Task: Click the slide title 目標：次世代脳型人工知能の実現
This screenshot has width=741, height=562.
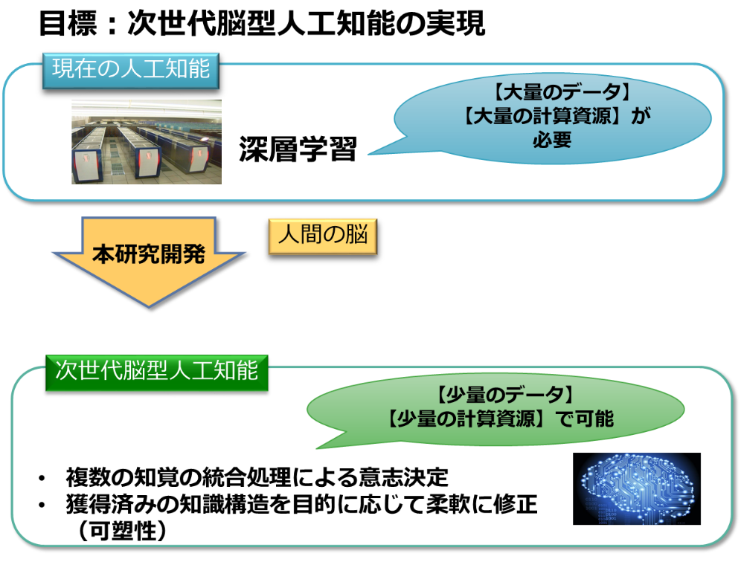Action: tap(262, 23)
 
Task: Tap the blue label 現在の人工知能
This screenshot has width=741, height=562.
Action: tap(131, 71)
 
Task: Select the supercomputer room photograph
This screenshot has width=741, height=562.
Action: tap(147, 142)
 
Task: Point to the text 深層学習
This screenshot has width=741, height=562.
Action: tap(298, 149)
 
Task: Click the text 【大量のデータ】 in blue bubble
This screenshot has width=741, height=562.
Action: tap(562, 92)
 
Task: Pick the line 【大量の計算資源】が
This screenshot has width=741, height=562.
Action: tap(556, 116)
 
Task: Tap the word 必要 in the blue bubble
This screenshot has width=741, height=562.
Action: tap(552, 139)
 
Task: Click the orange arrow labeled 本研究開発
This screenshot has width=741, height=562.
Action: tap(149, 262)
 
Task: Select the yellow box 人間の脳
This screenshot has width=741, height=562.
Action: tap(323, 236)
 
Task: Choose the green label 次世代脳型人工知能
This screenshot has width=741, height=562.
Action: tap(156, 372)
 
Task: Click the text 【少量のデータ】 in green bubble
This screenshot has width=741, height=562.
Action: tap(503, 395)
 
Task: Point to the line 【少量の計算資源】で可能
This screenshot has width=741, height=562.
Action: tap(500, 419)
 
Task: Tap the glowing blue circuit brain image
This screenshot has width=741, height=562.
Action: tap(637, 489)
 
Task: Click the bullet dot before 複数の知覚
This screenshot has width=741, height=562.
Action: tap(42, 479)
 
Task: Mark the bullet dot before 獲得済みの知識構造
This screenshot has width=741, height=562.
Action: tap(42, 505)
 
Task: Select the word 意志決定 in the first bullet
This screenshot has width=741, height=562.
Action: tap(403, 477)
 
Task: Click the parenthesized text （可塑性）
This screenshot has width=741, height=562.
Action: tap(122, 530)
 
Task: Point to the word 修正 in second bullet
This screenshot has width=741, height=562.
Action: tap(515, 503)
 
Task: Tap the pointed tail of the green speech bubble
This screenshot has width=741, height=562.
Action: tap(318, 448)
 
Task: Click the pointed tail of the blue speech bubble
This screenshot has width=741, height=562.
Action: tap(370, 153)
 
